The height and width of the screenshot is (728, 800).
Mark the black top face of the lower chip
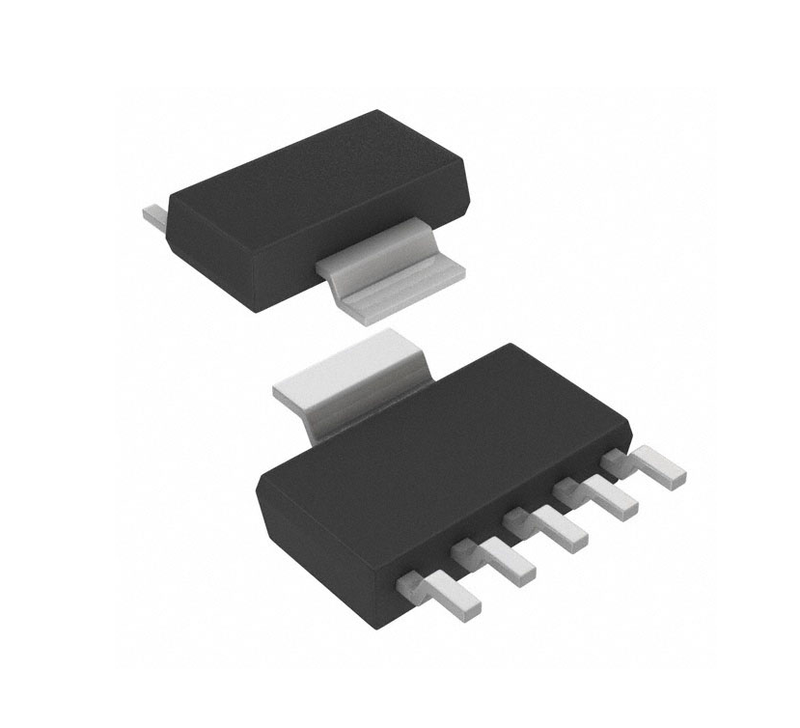pyautogui.click(x=444, y=425)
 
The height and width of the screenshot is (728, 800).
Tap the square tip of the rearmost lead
pyautogui.click(x=676, y=477)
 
